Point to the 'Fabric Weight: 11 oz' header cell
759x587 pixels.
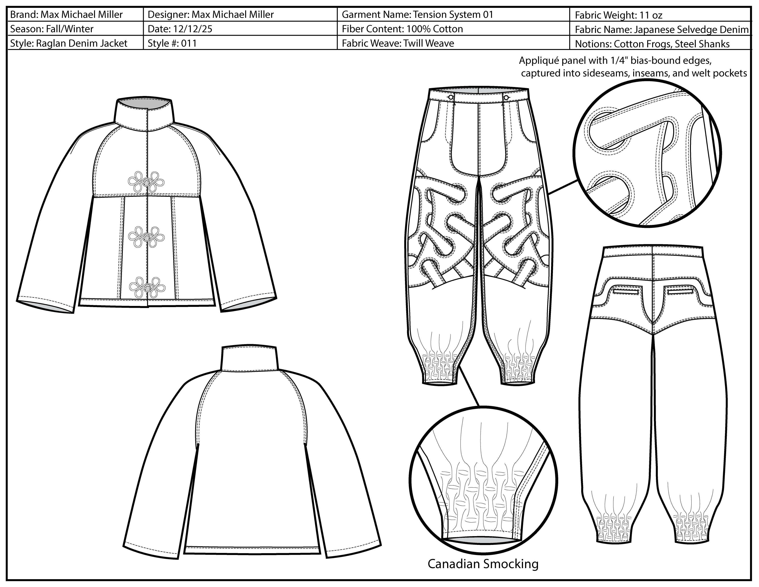pos(618,15)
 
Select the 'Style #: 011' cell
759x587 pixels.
pos(172,44)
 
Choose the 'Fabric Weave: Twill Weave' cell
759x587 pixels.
pos(398,44)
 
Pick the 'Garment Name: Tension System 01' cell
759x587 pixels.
pos(417,15)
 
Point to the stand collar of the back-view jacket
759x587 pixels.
pos(250,358)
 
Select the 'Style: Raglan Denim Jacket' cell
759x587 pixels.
pos(69,44)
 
